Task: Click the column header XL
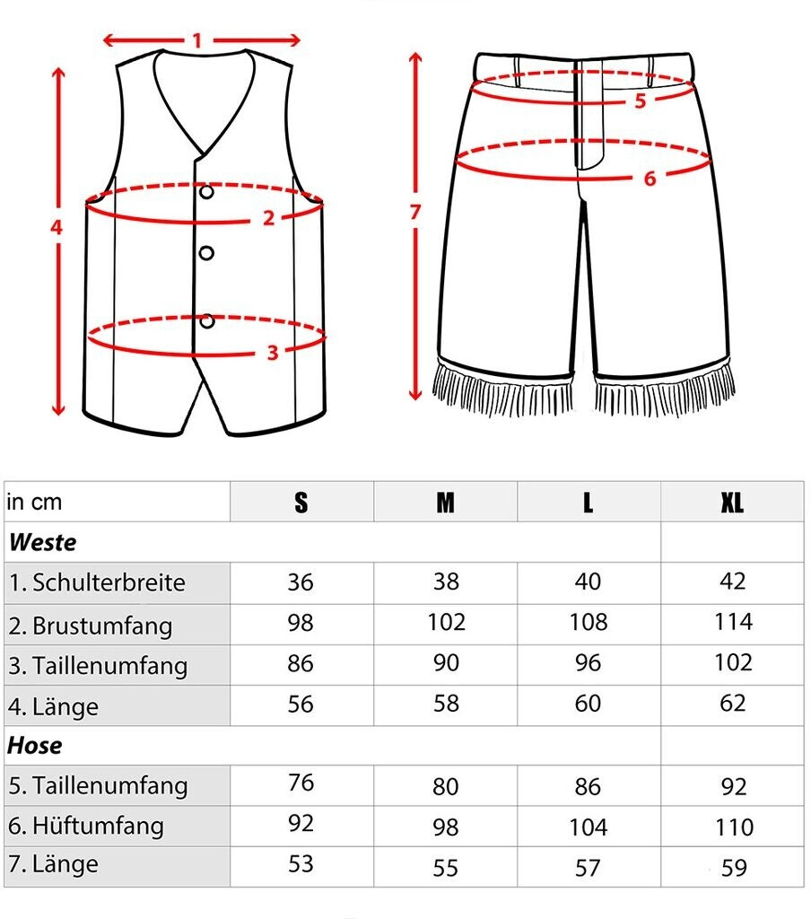click(x=732, y=503)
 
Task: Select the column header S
click(x=301, y=503)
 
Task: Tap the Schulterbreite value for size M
click(x=445, y=582)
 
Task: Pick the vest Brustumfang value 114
click(x=732, y=622)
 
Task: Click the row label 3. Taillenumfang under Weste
click(x=99, y=666)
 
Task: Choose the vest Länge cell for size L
click(x=588, y=704)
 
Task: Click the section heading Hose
click(x=36, y=746)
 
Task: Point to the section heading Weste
click(x=42, y=543)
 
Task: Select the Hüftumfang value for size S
click(x=301, y=824)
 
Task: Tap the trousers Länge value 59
click(x=734, y=868)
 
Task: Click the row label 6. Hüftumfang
click(x=86, y=825)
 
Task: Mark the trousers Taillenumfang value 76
click(x=301, y=783)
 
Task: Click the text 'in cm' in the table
click(x=35, y=503)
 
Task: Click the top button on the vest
click(x=207, y=192)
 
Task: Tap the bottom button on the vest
click(x=207, y=320)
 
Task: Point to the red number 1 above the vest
click(x=197, y=40)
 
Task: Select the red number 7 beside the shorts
click(x=414, y=213)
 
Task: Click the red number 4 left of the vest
click(x=57, y=228)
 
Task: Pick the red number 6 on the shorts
click(x=650, y=179)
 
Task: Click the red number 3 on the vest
click(x=273, y=353)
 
